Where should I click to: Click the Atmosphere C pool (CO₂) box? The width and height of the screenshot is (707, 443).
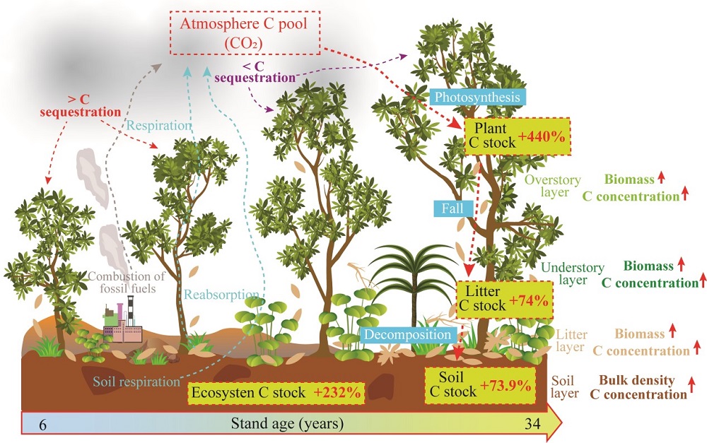[243, 33]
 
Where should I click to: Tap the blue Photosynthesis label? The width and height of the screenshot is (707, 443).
[479, 97]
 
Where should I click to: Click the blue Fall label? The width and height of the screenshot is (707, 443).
[449, 209]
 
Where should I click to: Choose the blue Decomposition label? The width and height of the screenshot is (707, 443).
[408, 335]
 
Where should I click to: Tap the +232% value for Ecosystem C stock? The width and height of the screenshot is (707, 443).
[339, 392]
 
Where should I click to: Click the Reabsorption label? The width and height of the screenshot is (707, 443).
[221, 295]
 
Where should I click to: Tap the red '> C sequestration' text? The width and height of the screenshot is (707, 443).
[80, 105]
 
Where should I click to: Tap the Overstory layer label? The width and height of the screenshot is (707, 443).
[552, 186]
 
